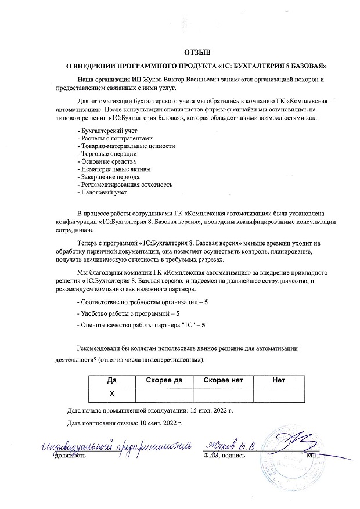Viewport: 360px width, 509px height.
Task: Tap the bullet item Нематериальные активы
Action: click(x=106, y=169)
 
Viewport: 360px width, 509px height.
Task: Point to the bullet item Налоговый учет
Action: click(x=102, y=192)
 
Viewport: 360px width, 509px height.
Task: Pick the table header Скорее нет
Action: click(x=223, y=381)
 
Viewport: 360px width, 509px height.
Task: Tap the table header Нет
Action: click(x=279, y=381)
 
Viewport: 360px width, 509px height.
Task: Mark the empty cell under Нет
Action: click(x=279, y=394)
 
